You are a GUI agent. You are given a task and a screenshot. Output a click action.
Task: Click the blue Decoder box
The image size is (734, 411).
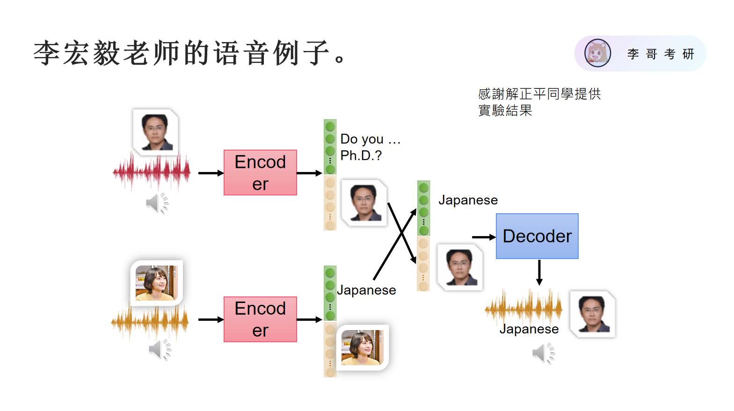click(x=537, y=236)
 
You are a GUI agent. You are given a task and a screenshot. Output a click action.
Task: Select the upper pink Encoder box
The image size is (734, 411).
click(x=260, y=173)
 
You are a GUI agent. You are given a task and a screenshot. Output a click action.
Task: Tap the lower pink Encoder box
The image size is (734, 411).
click(x=260, y=319)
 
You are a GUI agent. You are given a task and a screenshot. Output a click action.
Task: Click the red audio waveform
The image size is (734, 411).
click(x=152, y=172)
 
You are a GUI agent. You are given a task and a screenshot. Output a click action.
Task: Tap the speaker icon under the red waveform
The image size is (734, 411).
click(x=157, y=203)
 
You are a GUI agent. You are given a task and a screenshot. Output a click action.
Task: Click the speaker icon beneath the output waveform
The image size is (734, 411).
click(x=543, y=353)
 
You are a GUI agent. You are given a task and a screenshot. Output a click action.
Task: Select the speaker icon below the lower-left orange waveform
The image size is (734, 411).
click(x=160, y=349)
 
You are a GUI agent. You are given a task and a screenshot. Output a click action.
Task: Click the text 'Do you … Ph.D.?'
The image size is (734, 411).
click(x=371, y=147)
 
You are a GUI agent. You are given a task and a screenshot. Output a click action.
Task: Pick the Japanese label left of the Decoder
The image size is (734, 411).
click(x=468, y=200)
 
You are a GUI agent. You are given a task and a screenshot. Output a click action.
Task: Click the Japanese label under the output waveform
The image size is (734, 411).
click(x=529, y=329)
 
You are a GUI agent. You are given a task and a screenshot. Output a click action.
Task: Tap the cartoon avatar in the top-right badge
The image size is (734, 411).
click(x=598, y=53)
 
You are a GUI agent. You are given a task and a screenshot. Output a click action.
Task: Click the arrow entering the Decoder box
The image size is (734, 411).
click(x=484, y=237)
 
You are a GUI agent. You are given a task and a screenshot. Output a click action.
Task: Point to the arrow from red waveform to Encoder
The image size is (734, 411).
click(x=211, y=173)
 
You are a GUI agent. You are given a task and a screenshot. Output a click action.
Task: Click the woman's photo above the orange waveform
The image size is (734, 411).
click(x=157, y=283)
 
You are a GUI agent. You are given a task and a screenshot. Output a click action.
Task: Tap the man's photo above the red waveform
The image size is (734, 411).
click(x=155, y=132)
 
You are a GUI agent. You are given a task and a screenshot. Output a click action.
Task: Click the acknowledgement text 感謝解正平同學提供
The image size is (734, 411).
click(x=539, y=94)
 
